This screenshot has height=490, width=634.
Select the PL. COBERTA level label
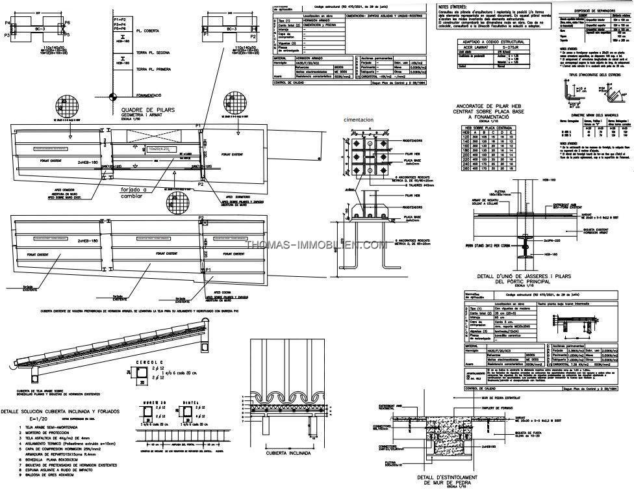point(152,31)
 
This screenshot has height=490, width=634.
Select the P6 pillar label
point(68,23)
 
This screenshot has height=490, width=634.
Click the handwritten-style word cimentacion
point(364,120)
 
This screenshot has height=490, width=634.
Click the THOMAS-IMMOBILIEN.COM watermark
point(317,245)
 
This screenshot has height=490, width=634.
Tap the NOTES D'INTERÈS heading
point(453,6)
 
